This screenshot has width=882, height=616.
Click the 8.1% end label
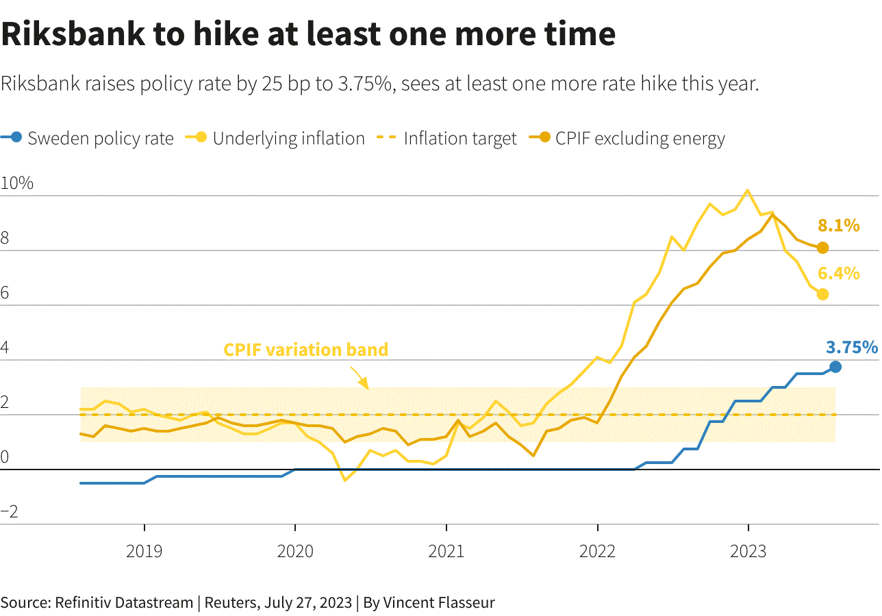click(839, 226)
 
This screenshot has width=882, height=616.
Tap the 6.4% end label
click(839, 274)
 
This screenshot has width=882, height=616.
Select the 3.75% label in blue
click(852, 348)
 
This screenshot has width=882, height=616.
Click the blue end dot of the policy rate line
click(835, 367)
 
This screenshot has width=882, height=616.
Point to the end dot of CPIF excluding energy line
click(822, 248)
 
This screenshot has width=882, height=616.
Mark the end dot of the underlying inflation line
click(822, 294)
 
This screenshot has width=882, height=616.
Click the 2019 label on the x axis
click(144, 552)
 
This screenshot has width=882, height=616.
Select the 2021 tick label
click(446, 552)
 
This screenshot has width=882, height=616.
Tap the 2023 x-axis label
click(748, 552)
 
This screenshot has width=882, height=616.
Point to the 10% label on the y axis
click(17, 183)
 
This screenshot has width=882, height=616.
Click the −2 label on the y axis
click(10, 512)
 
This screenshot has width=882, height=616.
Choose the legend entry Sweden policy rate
click(87, 138)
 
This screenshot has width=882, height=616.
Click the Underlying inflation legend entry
click(275, 138)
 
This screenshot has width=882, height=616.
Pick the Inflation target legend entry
click(446, 138)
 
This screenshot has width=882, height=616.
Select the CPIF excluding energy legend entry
click(627, 138)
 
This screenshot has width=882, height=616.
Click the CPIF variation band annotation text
click(305, 350)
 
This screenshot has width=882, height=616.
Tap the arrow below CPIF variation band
click(360, 378)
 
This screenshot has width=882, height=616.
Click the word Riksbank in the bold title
click(73, 34)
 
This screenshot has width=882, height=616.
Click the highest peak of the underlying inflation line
click(747, 190)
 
